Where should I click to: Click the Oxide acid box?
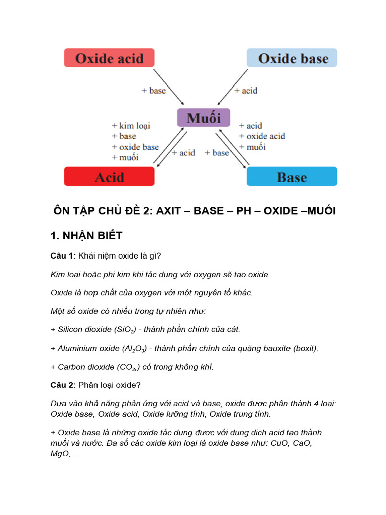point(109,58)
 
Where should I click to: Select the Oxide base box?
point(292,58)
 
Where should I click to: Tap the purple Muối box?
point(204,118)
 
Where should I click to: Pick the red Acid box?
point(109,177)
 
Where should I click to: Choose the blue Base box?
point(292,177)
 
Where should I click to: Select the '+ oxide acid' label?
point(262,136)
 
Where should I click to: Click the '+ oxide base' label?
point(135,147)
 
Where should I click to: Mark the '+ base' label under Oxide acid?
point(153,91)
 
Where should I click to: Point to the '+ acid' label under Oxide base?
point(246,91)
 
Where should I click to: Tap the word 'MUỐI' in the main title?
point(317,211)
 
